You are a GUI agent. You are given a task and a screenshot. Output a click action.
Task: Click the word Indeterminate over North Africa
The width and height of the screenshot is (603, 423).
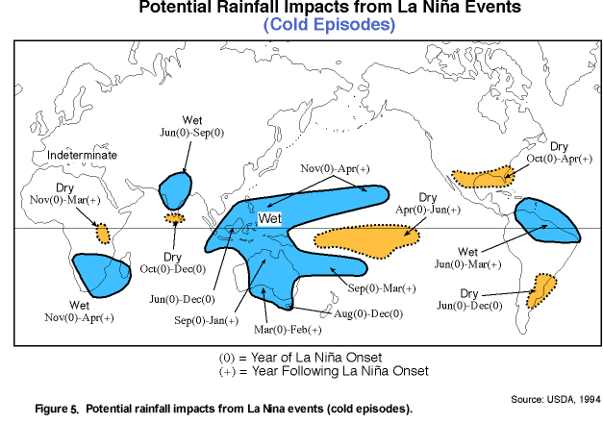82,155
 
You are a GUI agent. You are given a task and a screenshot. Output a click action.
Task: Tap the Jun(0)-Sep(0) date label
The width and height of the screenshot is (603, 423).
192,133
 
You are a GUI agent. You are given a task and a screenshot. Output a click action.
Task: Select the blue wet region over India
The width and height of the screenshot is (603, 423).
175,191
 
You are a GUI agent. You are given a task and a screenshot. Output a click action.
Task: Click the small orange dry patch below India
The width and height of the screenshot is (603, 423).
175,218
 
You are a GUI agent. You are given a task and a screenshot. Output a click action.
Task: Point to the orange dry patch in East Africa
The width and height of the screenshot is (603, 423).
103,234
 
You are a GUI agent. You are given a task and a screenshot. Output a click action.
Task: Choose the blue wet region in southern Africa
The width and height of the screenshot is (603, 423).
102,275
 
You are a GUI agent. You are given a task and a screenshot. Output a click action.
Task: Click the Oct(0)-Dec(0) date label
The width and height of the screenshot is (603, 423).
173,269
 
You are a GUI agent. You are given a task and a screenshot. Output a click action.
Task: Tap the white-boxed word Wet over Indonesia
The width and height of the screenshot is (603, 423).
270,218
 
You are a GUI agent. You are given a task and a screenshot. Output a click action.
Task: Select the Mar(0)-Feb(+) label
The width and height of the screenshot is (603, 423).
288,330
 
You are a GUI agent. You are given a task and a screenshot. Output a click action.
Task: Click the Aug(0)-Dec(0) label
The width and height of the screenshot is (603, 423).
368,313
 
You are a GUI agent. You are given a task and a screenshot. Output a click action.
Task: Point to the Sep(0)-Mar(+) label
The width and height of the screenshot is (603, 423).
382,288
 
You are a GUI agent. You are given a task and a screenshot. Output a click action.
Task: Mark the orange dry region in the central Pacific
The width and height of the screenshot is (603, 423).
366,241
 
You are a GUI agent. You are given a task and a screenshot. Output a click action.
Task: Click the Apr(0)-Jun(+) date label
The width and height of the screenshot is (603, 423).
428,210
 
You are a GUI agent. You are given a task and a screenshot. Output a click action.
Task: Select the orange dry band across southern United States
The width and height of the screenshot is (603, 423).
483,177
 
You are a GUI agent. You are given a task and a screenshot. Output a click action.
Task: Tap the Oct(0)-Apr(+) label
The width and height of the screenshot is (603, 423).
560,159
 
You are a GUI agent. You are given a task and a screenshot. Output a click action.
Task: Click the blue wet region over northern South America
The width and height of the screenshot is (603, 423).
547,221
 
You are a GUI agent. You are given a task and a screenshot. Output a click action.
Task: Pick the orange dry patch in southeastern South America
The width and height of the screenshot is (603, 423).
540,291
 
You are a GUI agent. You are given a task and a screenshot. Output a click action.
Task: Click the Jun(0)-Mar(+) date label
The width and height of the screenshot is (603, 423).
468,264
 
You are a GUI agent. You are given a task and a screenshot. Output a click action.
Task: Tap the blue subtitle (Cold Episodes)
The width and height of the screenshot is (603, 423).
330,24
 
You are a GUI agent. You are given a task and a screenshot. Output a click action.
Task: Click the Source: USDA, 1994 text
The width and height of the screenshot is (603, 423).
556,400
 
